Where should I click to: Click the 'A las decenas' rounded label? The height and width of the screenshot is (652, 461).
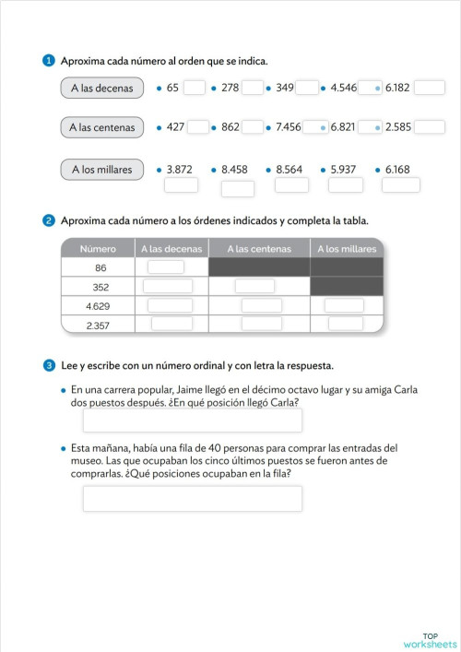(x=102, y=89)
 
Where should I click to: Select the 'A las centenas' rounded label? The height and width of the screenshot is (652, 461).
(x=102, y=127)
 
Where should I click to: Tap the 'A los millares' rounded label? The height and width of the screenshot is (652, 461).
(x=102, y=169)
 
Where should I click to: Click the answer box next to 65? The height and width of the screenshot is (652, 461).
(x=195, y=89)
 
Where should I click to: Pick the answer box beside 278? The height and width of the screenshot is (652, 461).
(x=253, y=89)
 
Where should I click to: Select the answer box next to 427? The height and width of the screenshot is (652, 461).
(x=198, y=127)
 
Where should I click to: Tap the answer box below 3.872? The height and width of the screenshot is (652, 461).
(x=181, y=184)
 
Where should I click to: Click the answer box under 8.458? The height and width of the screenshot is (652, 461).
(x=238, y=188)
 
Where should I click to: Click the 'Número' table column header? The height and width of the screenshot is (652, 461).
(x=98, y=249)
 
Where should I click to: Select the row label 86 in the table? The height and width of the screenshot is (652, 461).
(x=100, y=267)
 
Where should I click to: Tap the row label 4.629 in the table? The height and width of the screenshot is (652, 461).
(x=99, y=305)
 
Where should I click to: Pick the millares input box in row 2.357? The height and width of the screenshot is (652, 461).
(x=344, y=324)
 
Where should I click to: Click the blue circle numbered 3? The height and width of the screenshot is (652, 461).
(x=49, y=365)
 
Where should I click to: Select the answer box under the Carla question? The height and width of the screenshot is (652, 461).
(x=193, y=421)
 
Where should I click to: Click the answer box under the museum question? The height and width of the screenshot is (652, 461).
(x=193, y=499)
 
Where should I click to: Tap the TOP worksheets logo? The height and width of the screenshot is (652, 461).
(x=429, y=640)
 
